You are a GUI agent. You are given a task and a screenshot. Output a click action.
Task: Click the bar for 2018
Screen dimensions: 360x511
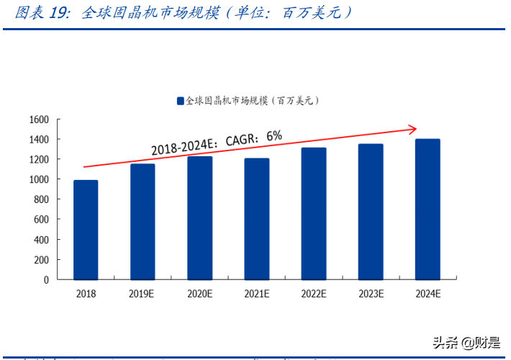[86, 230]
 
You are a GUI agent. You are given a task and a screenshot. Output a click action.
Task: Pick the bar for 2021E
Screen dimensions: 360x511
[257, 219]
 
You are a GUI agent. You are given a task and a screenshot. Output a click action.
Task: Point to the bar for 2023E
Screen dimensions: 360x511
[371, 212]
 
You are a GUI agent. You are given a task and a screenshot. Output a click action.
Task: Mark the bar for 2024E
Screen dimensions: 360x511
[428, 210]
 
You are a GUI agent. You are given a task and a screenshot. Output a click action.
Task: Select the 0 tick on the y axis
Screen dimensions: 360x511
[45, 279]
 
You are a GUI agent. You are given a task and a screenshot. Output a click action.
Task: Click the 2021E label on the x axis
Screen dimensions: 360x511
[257, 294]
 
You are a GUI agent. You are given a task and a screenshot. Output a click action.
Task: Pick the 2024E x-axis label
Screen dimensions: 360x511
[428, 294]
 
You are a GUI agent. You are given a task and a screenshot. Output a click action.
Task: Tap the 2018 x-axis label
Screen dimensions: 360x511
[86, 294]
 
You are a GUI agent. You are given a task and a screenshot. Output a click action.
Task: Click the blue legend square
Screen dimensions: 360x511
[181, 102]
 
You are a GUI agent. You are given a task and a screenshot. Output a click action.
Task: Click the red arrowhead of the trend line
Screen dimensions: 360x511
[413, 130]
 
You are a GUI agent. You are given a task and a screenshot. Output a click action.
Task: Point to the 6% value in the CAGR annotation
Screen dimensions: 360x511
[273, 135]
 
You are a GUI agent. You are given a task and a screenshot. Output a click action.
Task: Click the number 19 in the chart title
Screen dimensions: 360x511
[59, 14]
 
